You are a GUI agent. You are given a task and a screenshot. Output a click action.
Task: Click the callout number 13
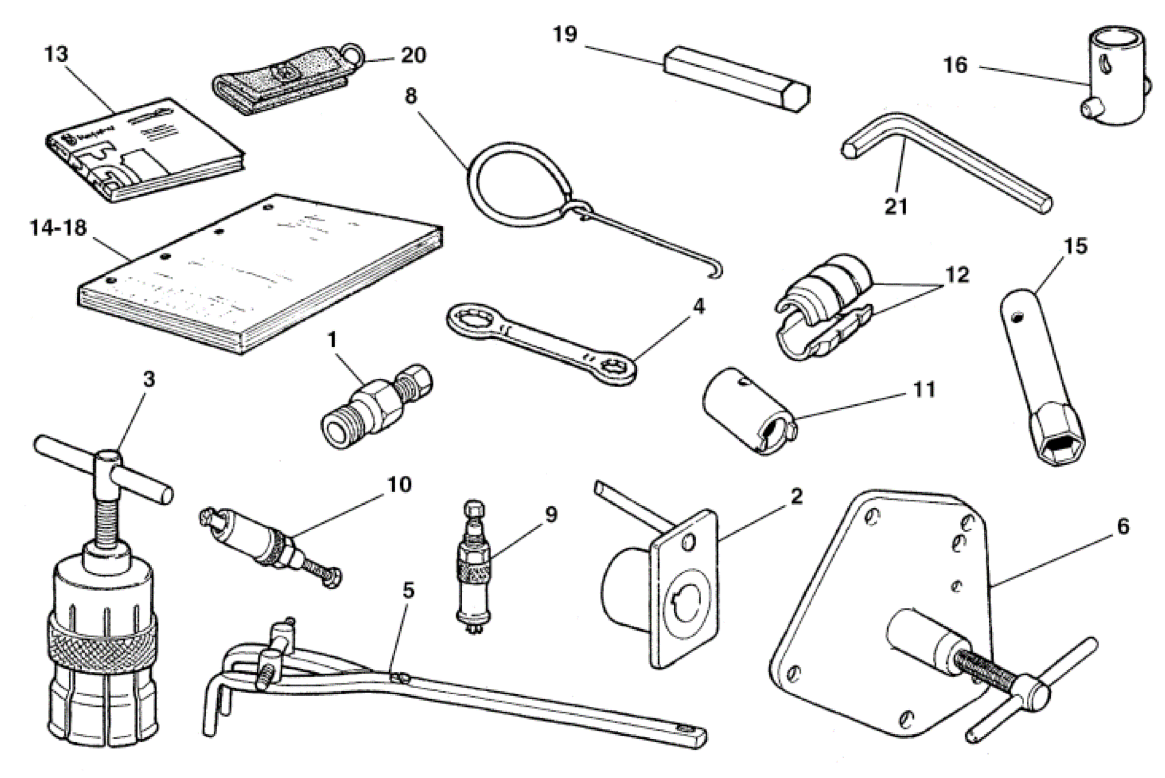coord(56,54)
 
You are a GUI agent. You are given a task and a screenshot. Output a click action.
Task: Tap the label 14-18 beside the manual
coord(58,229)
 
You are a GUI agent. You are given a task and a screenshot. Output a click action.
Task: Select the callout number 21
coord(895,207)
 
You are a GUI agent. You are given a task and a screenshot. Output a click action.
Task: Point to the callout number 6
coord(1122,527)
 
